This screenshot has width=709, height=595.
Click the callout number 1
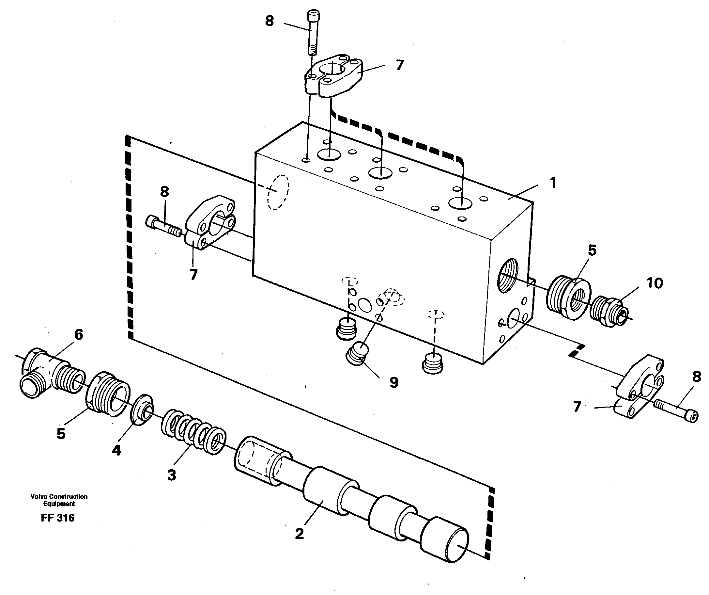553,183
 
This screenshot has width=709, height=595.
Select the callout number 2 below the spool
299,534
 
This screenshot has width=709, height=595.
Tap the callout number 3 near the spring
172,475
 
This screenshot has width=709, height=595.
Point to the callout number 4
116,450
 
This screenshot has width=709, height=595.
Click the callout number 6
78,334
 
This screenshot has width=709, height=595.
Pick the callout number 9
394,382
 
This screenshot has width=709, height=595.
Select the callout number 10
655,283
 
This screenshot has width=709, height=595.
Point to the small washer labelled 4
142,409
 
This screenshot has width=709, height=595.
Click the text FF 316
57,518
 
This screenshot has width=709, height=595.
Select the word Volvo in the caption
39,497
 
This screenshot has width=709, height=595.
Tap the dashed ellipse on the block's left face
278,193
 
